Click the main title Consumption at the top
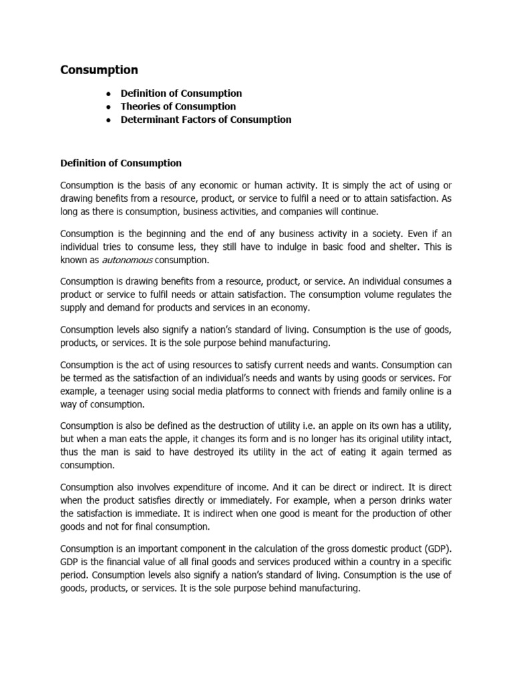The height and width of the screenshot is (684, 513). coord(100,69)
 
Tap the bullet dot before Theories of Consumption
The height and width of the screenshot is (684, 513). coord(108,107)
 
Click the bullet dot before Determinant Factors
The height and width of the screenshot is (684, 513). coord(108,120)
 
